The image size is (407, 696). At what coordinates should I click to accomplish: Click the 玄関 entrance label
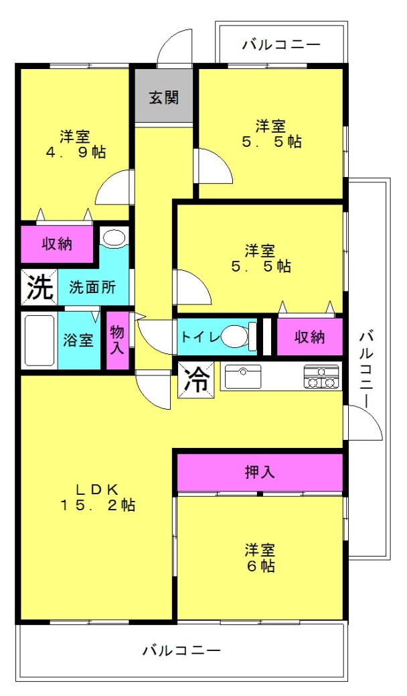[x=163, y=98]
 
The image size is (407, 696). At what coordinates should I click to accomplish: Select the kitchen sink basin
[x=242, y=377]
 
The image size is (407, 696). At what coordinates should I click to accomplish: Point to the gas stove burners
[x=321, y=377]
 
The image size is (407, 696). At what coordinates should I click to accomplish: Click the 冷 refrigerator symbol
[x=196, y=380]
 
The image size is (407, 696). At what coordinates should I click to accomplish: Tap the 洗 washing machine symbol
[x=39, y=287]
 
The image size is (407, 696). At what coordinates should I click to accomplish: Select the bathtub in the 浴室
[x=39, y=341]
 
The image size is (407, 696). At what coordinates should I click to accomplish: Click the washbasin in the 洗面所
[x=114, y=237]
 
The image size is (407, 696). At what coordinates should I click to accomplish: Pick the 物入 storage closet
[x=117, y=340]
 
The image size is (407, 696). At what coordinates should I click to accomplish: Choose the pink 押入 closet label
[x=260, y=472]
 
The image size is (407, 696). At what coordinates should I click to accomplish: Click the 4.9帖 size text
[x=76, y=153]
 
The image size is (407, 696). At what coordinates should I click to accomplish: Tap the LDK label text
[x=96, y=489]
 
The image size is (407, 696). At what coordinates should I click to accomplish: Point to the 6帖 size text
[x=260, y=566]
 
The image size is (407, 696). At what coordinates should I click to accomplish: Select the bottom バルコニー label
[x=181, y=650]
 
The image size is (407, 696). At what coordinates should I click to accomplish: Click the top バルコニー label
[x=281, y=45]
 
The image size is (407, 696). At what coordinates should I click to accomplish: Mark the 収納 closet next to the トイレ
[x=309, y=337]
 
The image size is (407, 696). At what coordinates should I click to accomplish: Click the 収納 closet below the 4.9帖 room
[x=58, y=243]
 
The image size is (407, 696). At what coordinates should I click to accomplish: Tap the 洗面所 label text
[x=92, y=287]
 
